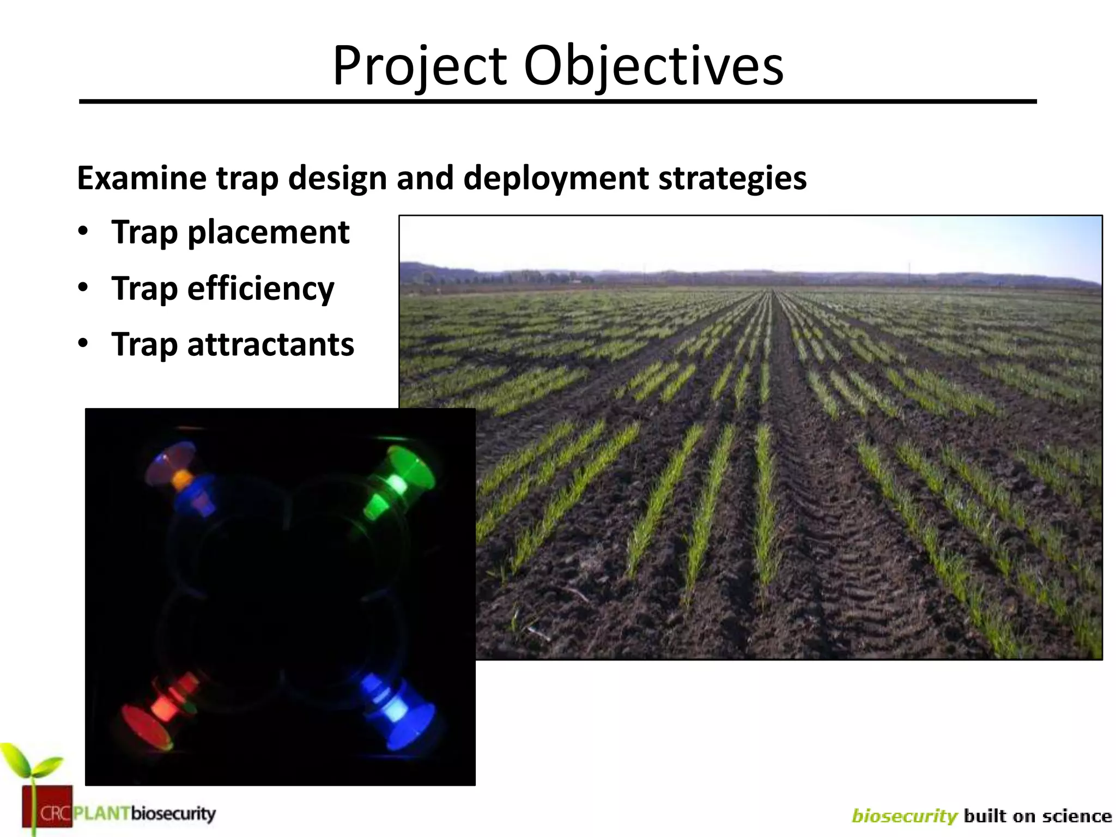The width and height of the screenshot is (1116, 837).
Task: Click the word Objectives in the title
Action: pyautogui.click(x=653, y=66)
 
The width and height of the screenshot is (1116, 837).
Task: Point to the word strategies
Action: pyautogui.click(x=732, y=178)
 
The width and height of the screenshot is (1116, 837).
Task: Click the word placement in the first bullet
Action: pyautogui.click(x=268, y=233)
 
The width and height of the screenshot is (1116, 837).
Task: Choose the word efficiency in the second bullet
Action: pyautogui.click(x=260, y=289)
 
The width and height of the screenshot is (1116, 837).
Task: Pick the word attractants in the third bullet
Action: pyautogui.click(x=270, y=345)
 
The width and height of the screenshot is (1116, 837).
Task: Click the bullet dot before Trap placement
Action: pyautogui.click(x=82, y=231)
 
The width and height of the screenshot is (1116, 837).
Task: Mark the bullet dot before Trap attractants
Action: pyautogui.click(x=82, y=343)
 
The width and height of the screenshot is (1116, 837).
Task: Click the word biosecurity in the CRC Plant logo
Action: pyautogui.click(x=173, y=814)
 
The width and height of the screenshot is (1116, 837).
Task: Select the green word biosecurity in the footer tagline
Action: pyautogui.click(x=904, y=816)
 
